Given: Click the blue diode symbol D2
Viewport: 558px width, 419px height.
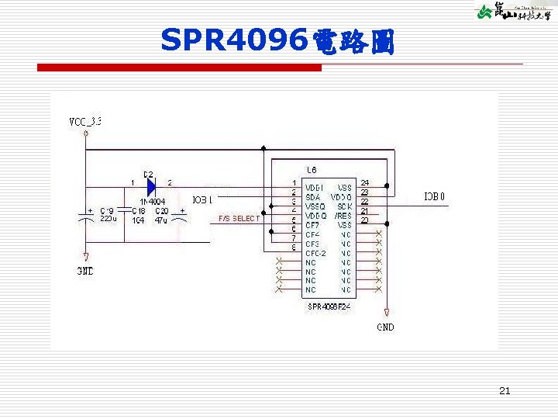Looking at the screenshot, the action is pyautogui.click(x=150, y=186).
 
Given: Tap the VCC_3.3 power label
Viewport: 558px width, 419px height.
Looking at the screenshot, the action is pyautogui.click(x=85, y=122).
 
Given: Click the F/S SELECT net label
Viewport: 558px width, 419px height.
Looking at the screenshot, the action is pyautogui.click(x=239, y=219).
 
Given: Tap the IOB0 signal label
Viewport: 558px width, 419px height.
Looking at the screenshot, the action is pyautogui.click(x=434, y=196).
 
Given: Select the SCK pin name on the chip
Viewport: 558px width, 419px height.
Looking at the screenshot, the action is pyautogui.click(x=344, y=206).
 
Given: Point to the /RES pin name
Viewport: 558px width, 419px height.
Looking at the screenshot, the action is pyautogui.click(x=343, y=216).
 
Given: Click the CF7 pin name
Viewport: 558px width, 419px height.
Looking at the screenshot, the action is pyautogui.click(x=312, y=225).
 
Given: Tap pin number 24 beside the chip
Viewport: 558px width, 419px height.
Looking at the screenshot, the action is pyautogui.click(x=365, y=183).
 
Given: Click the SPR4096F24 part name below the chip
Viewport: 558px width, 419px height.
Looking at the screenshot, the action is pyautogui.click(x=329, y=306).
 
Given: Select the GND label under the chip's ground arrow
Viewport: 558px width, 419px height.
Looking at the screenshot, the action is pyautogui.click(x=385, y=327).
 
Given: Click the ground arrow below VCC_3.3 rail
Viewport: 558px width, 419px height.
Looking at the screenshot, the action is pyautogui.click(x=85, y=257).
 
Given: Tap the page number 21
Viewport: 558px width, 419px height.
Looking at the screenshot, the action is pyautogui.click(x=505, y=391).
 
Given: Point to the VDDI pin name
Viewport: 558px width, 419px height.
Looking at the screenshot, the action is pyautogui.click(x=314, y=188).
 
